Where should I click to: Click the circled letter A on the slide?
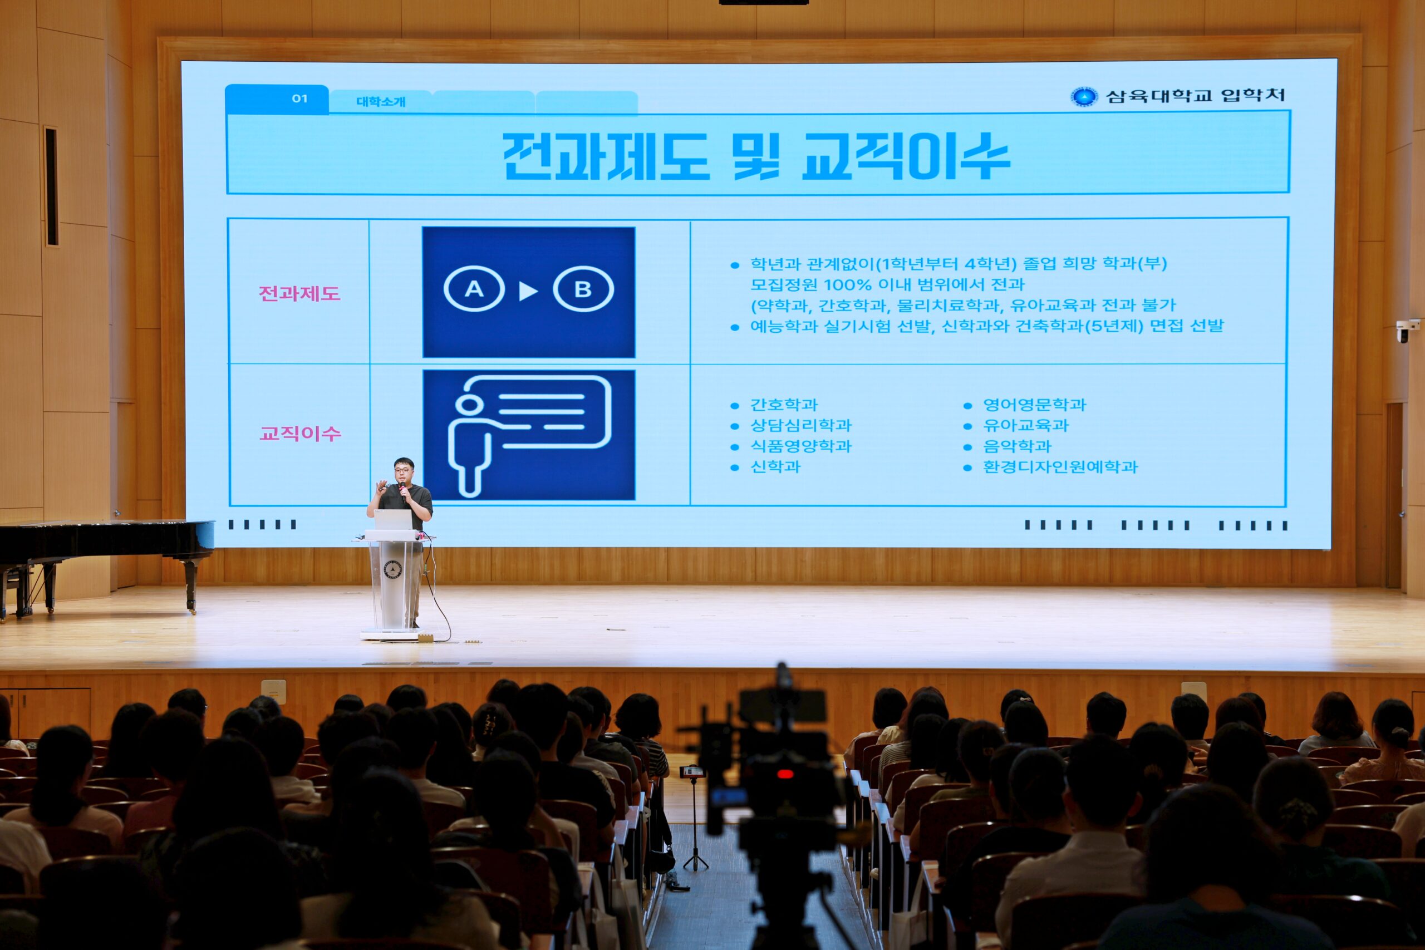(x=474, y=289)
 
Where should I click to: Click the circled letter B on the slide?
(x=583, y=289)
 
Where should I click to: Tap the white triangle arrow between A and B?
(x=528, y=291)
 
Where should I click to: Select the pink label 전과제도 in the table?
(x=299, y=294)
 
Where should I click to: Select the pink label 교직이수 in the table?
(x=301, y=433)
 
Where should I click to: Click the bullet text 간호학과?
(x=784, y=405)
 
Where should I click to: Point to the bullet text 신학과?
(x=775, y=466)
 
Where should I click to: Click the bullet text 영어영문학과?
(x=1034, y=405)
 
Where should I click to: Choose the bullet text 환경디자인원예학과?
(x=1060, y=466)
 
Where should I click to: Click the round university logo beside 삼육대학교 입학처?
(x=1084, y=96)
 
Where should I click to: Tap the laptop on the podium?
(x=392, y=520)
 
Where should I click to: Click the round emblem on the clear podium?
(x=392, y=568)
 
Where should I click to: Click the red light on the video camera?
(x=785, y=774)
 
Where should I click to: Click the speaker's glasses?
(x=402, y=470)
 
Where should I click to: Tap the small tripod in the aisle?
(x=695, y=821)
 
